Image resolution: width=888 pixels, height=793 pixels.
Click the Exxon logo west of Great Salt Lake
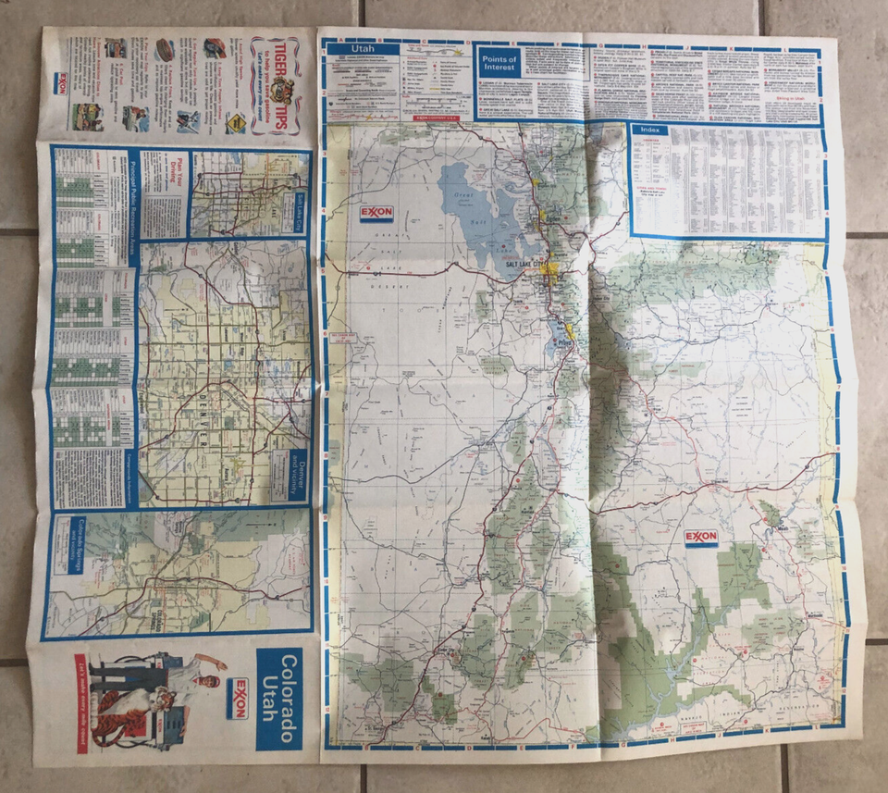376,213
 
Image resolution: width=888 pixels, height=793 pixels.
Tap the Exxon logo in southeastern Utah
701,537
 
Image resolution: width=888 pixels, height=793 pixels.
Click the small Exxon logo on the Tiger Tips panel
61,83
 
